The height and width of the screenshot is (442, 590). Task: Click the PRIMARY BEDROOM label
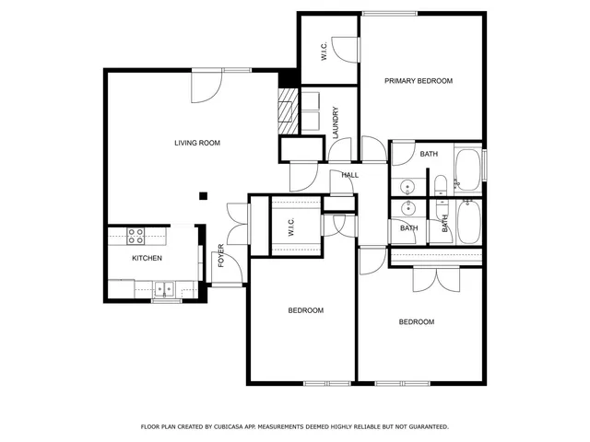click(419, 81)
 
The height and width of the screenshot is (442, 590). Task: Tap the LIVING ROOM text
click(197, 143)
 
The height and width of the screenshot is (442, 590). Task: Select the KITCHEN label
click(147, 259)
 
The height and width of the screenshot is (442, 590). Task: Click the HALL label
click(349, 175)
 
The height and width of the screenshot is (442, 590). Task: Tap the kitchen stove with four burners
click(136, 235)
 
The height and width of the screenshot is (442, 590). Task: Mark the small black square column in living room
click(204, 194)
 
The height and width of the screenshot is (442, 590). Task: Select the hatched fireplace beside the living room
click(288, 106)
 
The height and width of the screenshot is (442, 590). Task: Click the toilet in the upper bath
click(441, 183)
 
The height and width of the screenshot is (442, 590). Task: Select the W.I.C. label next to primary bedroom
click(324, 53)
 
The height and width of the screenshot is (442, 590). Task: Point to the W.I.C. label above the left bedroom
click(289, 227)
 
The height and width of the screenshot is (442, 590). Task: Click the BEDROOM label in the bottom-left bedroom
click(306, 310)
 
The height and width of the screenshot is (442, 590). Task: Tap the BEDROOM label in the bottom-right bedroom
click(417, 321)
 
